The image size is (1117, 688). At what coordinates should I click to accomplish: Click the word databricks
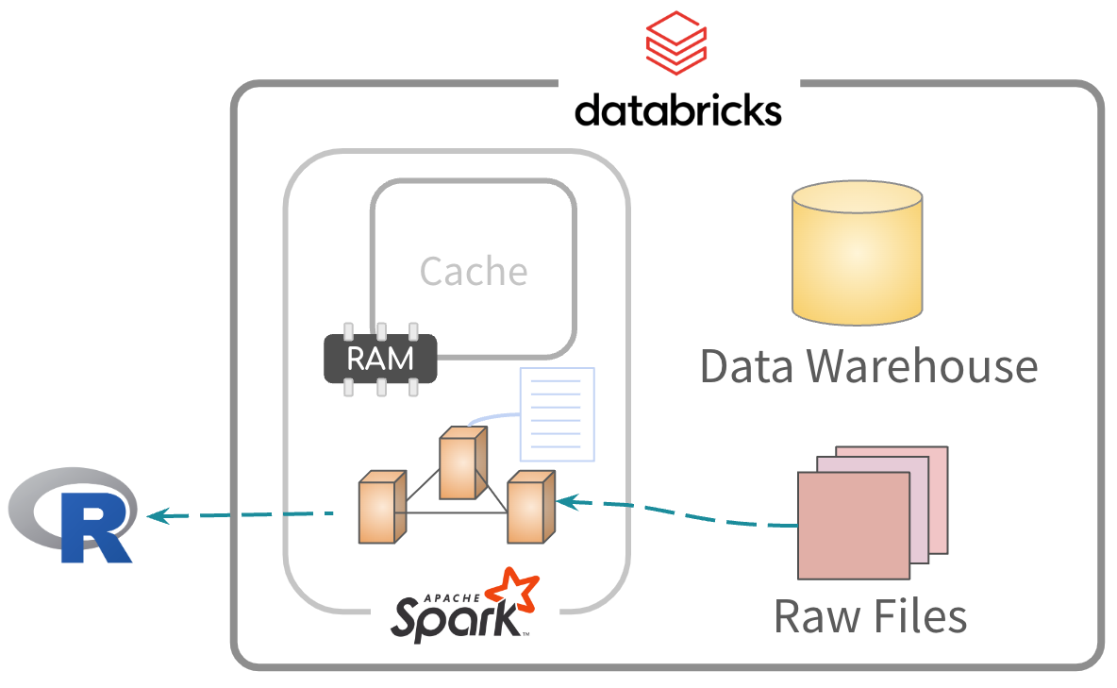coord(677,109)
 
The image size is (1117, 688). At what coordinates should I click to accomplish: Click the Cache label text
coord(474,272)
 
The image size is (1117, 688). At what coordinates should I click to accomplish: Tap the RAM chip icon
coord(380,360)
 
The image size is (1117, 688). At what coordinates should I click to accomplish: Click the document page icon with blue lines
coord(558,414)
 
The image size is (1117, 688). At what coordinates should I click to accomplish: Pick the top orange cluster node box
coord(463,463)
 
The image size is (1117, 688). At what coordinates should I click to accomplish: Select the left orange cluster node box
coord(380,511)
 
